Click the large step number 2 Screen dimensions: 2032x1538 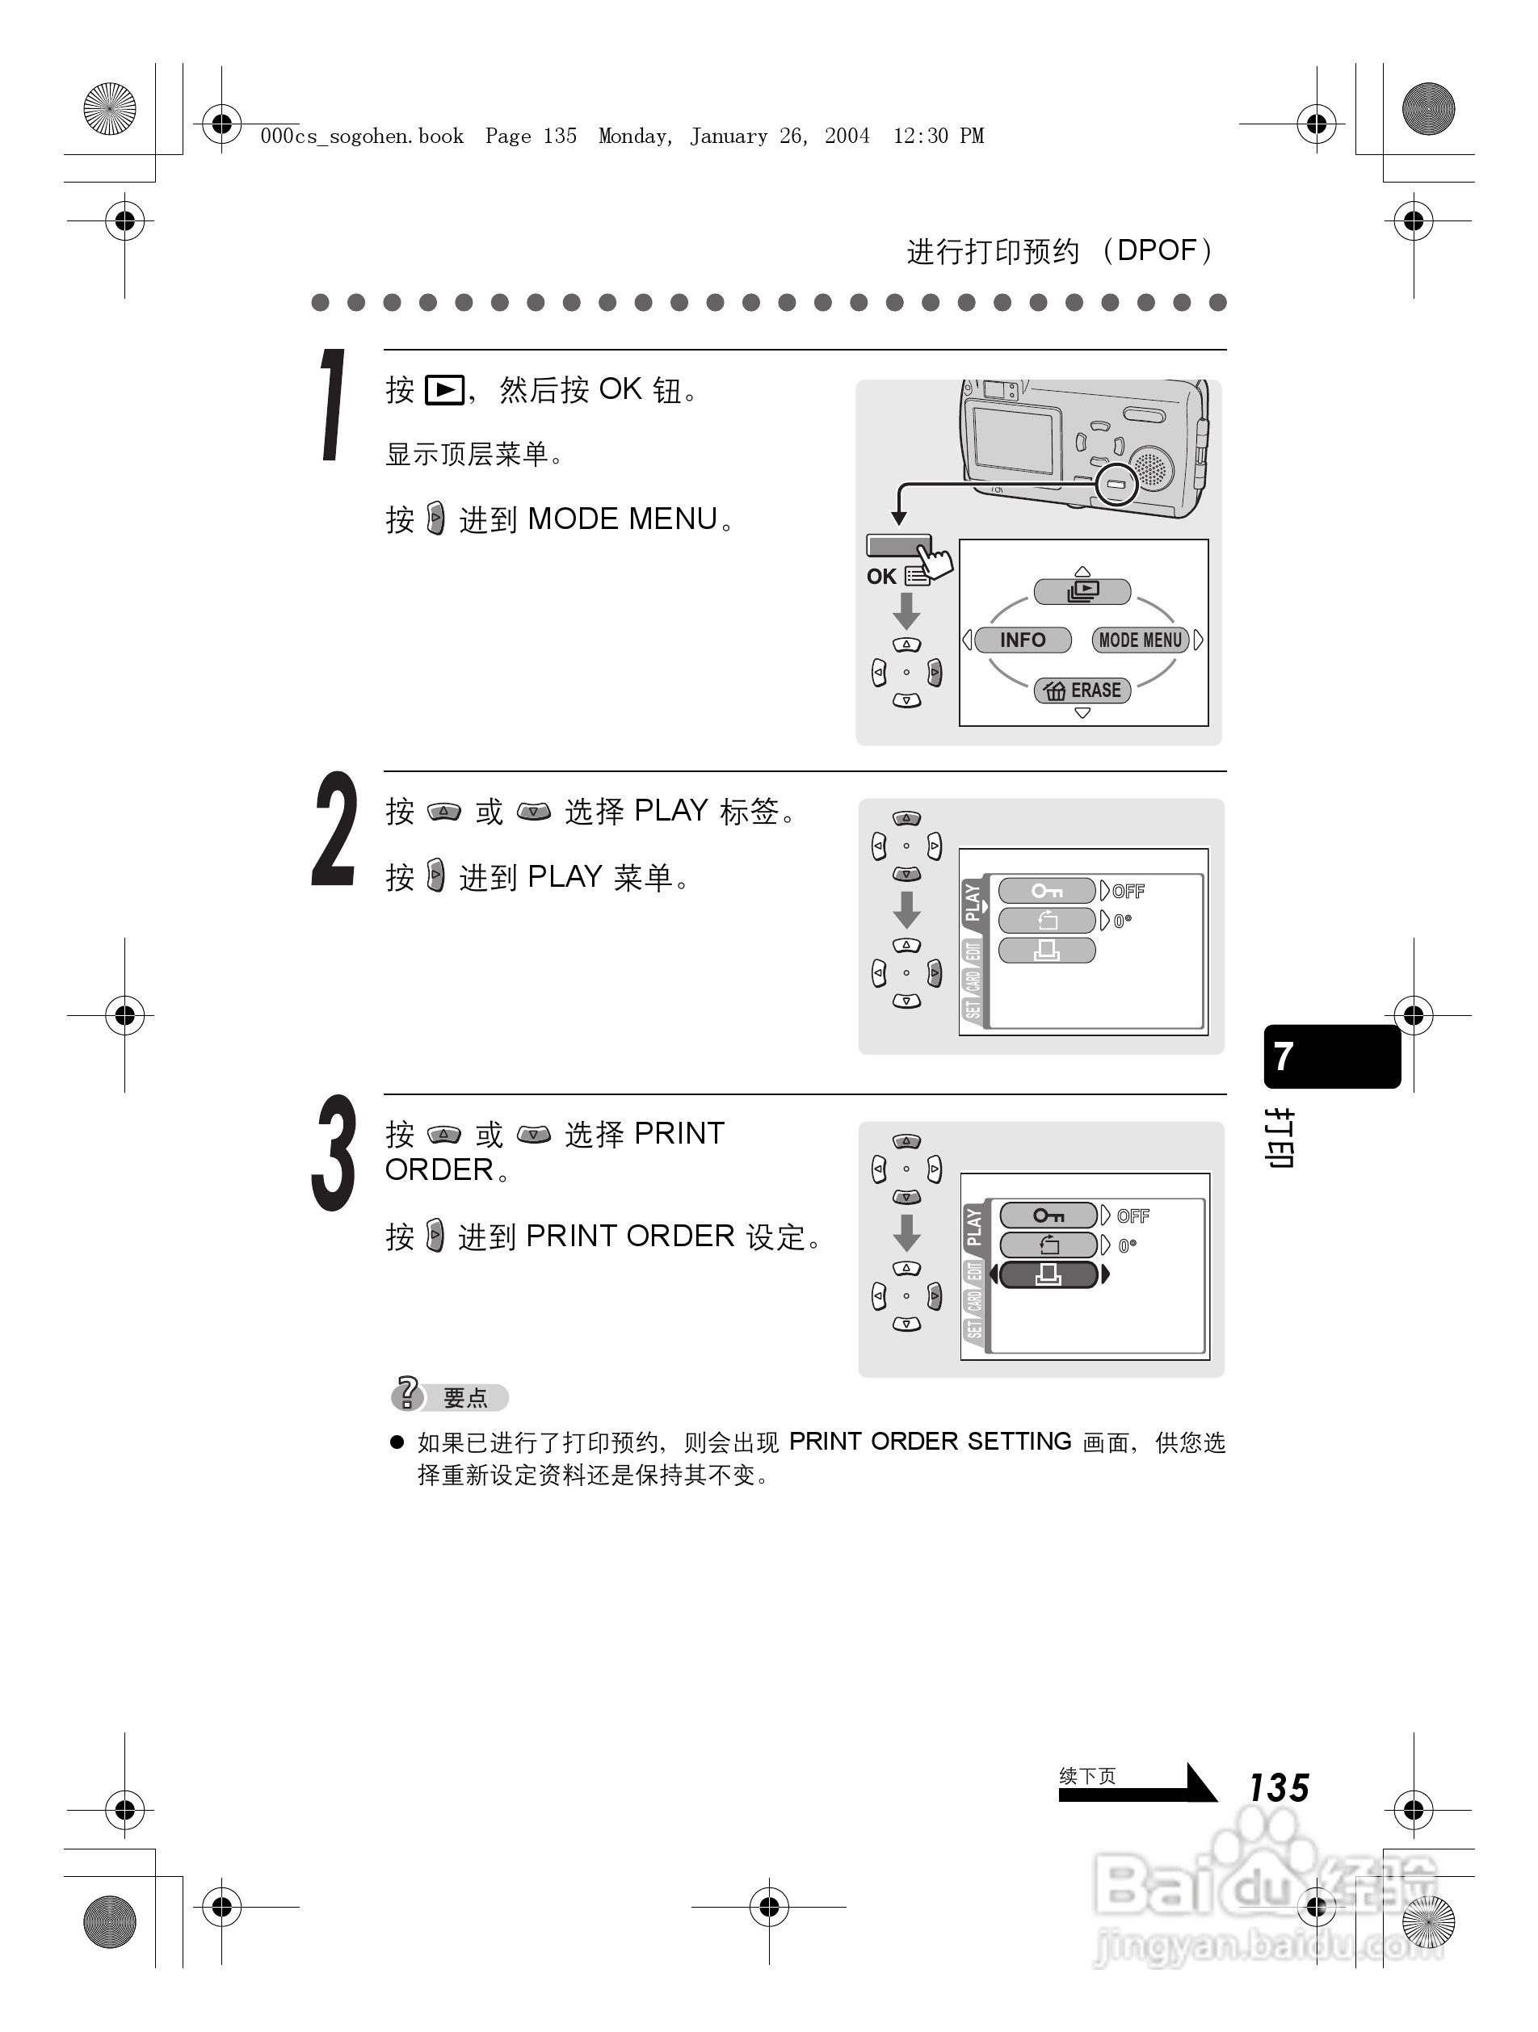[x=334, y=829]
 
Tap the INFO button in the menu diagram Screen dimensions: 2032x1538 [x=1023, y=640]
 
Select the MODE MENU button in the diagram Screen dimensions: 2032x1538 [x=1141, y=640]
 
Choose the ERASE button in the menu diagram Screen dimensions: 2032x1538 [x=1082, y=690]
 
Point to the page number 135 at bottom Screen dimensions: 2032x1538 [x=1278, y=1787]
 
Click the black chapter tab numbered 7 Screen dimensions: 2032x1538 [x=1331, y=1056]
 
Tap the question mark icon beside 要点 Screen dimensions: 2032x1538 [x=407, y=1392]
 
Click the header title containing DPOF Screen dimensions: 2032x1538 [x=1061, y=251]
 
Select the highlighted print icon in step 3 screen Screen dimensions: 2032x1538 [x=1048, y=1274]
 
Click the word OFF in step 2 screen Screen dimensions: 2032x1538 [x=1128, y=891]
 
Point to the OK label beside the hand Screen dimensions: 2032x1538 [x=880, y=577]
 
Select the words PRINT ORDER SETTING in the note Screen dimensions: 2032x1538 [x=929, y=1442]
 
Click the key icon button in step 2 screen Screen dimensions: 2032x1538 [x=1046, y=891]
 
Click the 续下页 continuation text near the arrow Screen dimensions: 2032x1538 [x=1087, y=1776]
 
